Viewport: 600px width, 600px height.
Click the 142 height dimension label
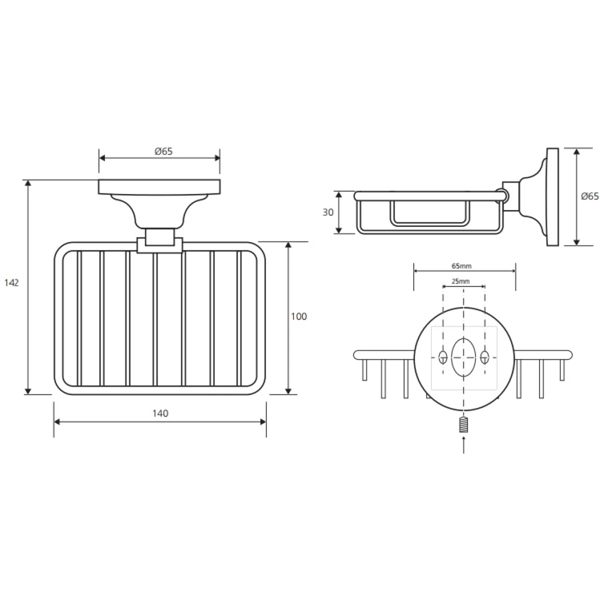[11, 282]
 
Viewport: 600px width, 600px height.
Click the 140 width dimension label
[160, 413]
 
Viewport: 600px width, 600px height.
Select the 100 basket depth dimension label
[299, 316]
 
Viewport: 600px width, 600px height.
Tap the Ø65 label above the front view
[163, 151]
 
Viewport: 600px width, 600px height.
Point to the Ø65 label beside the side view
[590, 196]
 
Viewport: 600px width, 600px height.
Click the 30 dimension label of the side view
[328, 212]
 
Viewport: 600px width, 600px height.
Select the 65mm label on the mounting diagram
[461, 266]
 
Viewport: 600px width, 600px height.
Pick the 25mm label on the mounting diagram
[460, 281]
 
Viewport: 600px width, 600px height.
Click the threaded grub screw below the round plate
[463, 424]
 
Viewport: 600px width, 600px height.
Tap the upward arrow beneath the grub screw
[464, 444]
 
